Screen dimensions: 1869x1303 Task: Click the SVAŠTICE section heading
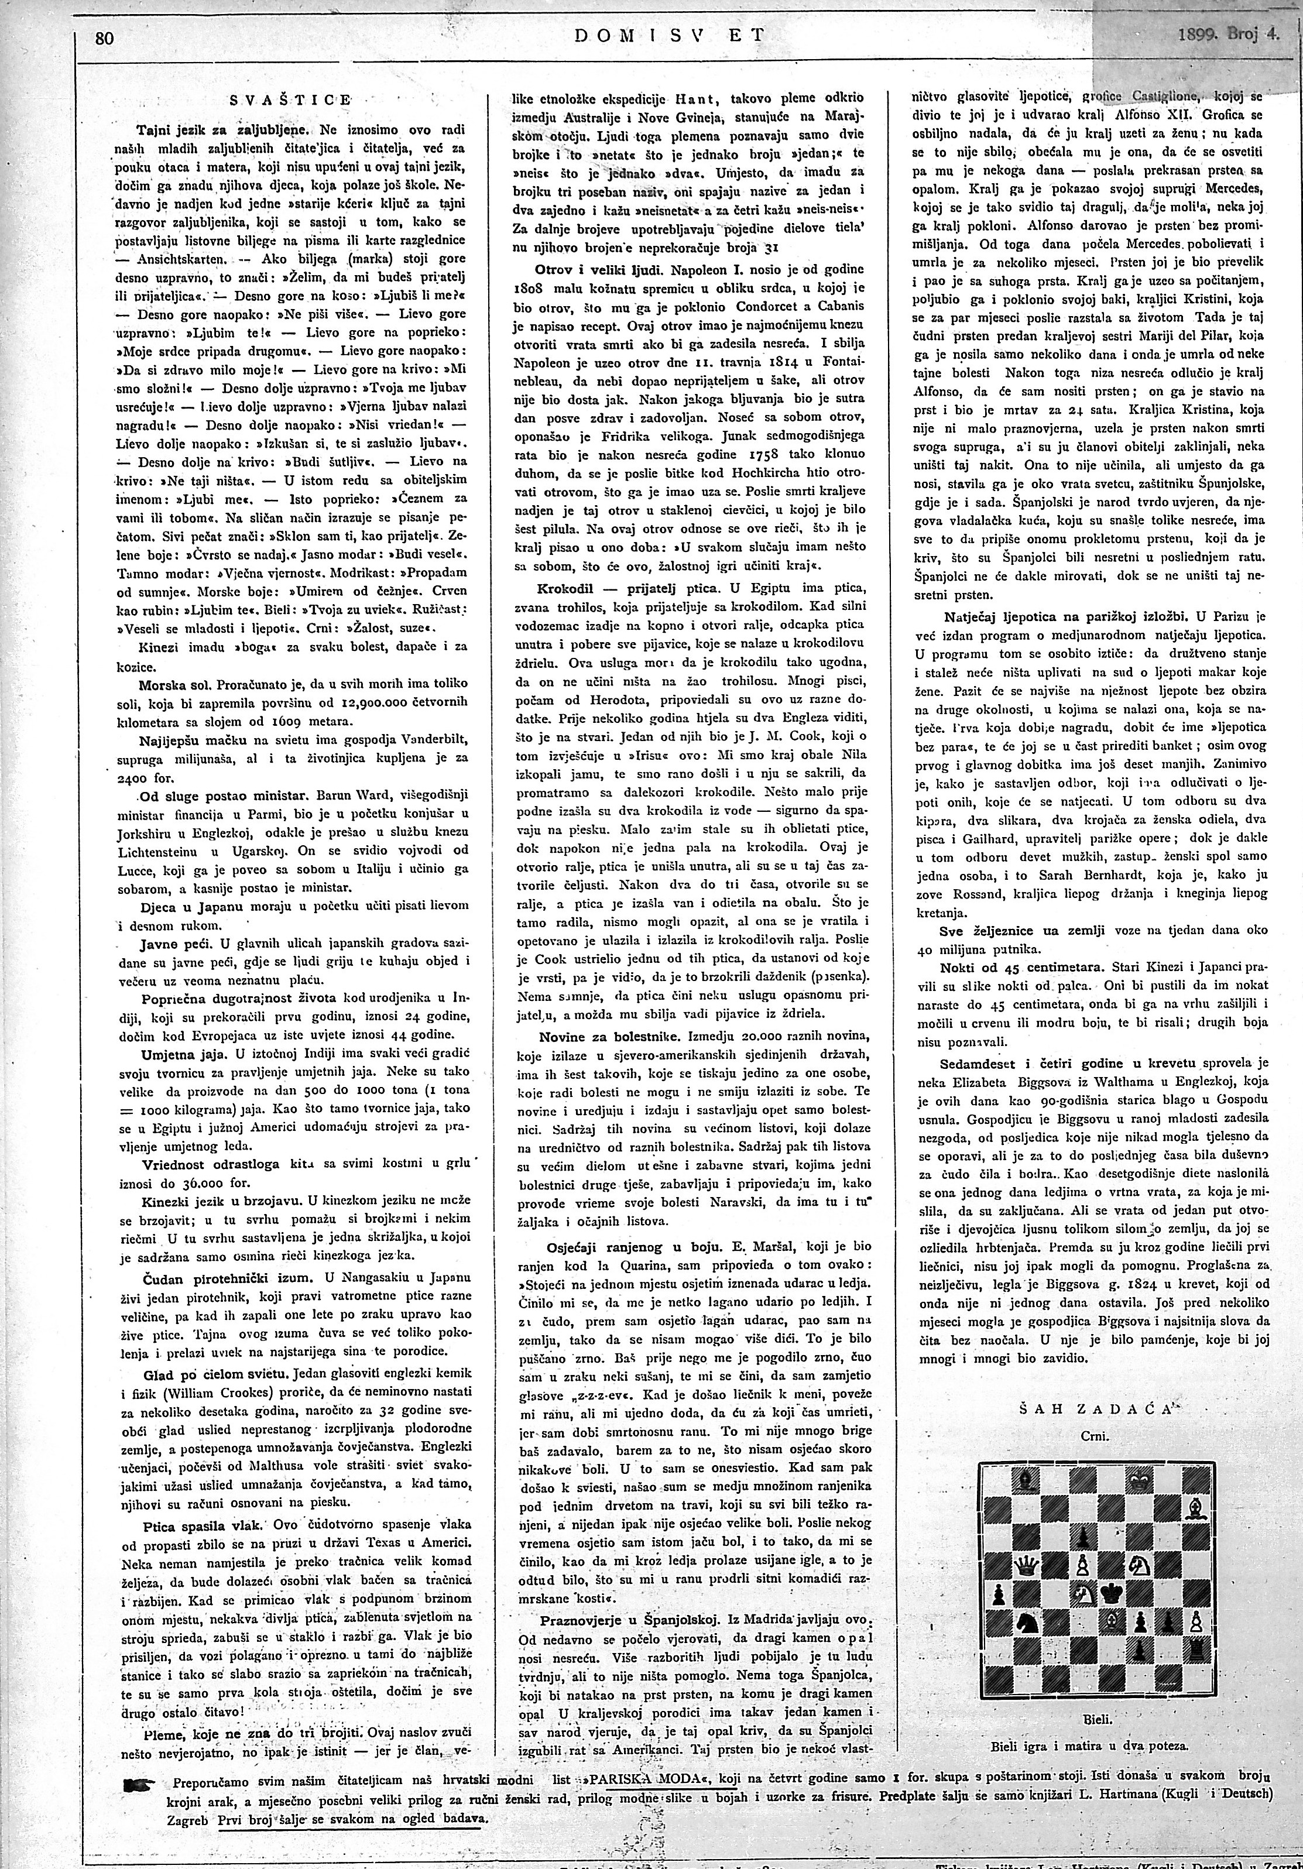[x=290, y=100]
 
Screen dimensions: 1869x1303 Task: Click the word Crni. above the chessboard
[x=1095, y=1437]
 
